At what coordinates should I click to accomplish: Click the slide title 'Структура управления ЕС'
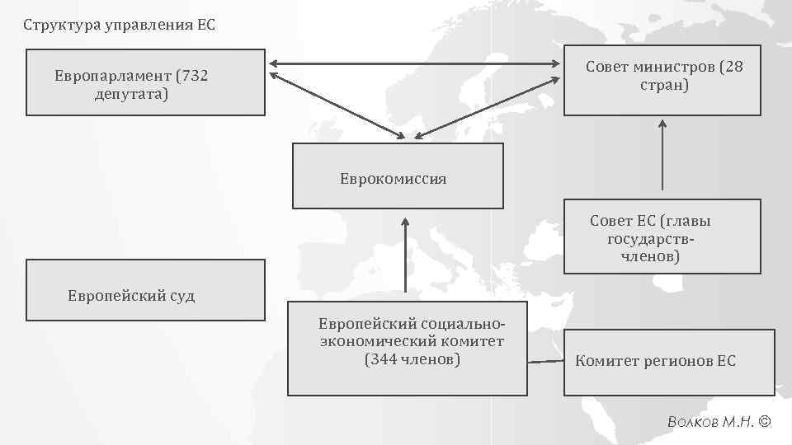119,24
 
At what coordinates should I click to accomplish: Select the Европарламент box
146,83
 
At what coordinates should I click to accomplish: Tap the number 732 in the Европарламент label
191,76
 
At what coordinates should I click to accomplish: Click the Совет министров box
662,80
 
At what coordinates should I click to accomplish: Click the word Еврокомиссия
393,179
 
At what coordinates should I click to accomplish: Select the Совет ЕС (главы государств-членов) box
662,237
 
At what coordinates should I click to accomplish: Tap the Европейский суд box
146,289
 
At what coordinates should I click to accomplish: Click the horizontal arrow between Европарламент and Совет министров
414,63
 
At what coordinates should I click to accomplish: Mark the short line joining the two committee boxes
545,361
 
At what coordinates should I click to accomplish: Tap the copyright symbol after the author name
763,422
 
